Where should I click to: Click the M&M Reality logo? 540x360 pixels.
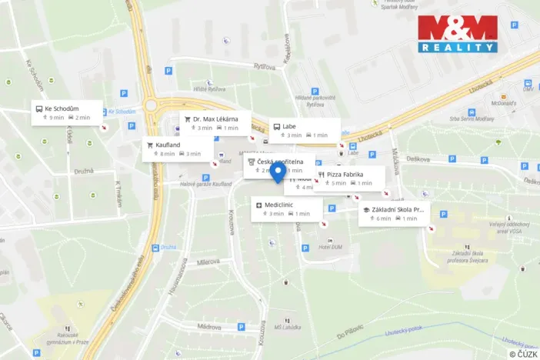click(x=458, y=35)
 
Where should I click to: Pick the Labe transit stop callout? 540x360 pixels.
click(x=303, y=130)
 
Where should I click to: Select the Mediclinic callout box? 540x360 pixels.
click(x=286, y=208)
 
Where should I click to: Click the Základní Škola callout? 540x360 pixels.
click(x=393, y=213)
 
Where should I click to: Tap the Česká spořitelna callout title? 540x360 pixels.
click(x=280, y=162)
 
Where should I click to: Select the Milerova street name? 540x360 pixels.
click(x=208, y=262)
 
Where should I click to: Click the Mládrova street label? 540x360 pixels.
click(x=208, y=326)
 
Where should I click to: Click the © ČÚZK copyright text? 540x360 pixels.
click(x=524, y=353)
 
